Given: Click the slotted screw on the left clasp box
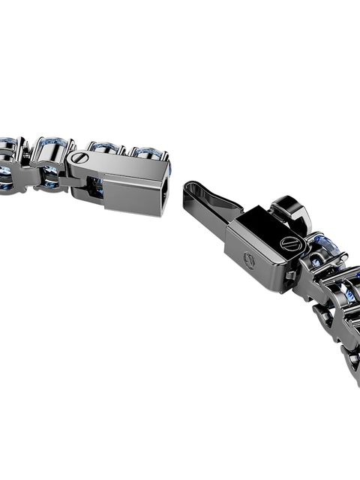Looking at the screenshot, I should click(79, 158).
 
